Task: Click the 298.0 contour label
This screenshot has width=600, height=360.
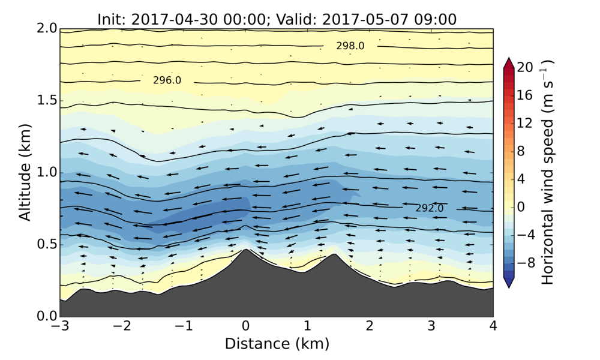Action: coord(350,46)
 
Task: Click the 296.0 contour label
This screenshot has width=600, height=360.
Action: coord(167,80)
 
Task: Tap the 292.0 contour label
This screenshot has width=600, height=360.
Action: coord(430,208)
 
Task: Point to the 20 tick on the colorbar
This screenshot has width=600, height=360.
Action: coord(524,68)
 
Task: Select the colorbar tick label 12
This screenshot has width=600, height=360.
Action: coord(524,124)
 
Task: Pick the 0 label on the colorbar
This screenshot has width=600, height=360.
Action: coord(521,207)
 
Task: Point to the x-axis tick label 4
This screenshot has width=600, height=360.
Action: coord(493,328)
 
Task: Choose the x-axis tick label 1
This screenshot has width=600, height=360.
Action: coord(307,328)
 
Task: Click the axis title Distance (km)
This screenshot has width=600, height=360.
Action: coord(277,344)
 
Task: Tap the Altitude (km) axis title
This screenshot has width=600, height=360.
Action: coord(24,172)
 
